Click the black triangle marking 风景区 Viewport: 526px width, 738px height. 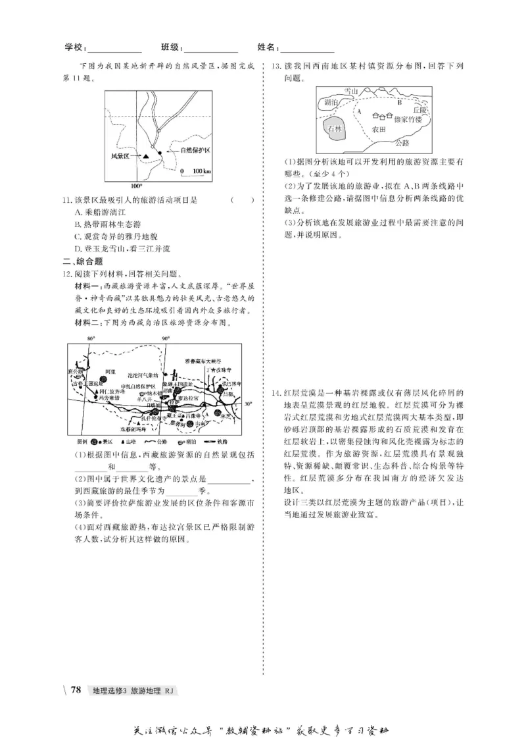(145, 156)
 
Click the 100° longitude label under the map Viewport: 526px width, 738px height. (136, 186)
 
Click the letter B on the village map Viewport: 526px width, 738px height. (398, 103)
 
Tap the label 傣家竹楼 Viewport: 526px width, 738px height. (408, 120)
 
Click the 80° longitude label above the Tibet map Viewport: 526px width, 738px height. (91, 338)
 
